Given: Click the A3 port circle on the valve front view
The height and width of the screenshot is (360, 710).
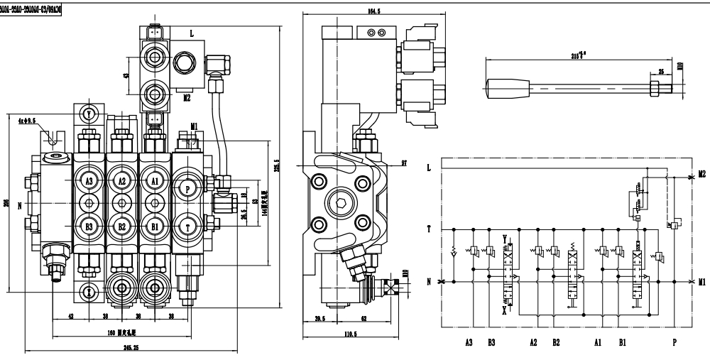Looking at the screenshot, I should pyautogui.click(x=89, y=181).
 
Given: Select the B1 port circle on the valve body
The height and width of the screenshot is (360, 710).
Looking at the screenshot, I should pyautogui.click(x=155, y=227).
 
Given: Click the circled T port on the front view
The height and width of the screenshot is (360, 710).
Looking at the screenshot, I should pyautogui.click(x=188, y=227).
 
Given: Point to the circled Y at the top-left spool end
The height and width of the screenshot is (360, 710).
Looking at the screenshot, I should pyautogui.click(x=88, y=114).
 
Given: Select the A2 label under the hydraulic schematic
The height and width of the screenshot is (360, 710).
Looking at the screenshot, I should pyautogui.click(x=533, y=341).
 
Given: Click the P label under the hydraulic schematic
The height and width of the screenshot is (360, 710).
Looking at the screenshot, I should pyautogui.click(x=674, y=341).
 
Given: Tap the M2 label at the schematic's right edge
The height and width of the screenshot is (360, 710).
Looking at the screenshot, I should pyautogui.click(x=701, y=173).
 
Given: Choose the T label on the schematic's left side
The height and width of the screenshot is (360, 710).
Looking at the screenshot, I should pyautogui.click(x=428, y=229).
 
